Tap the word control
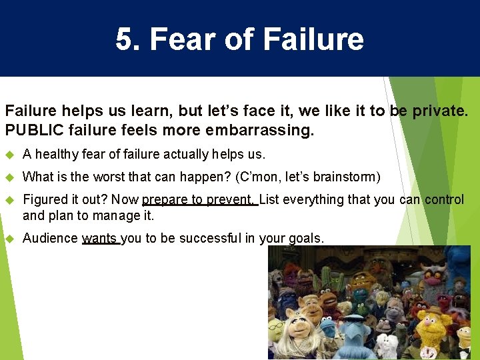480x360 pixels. (444, 199)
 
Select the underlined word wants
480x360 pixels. (100, 238)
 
